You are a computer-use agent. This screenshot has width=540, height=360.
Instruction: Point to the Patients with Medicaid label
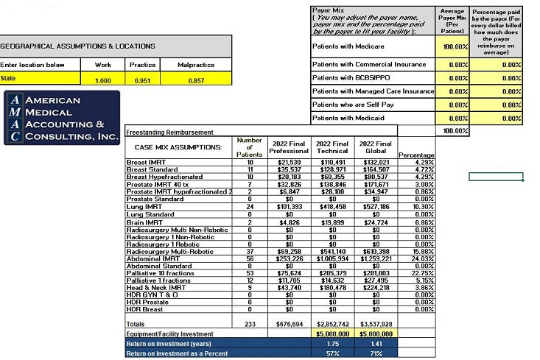349,118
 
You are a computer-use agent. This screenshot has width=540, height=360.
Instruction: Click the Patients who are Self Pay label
354,104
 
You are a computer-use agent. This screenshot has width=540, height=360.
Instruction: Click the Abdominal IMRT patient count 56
248,258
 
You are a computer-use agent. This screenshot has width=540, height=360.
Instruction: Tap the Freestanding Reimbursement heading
170,133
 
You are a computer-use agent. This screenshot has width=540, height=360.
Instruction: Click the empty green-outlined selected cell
496,177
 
